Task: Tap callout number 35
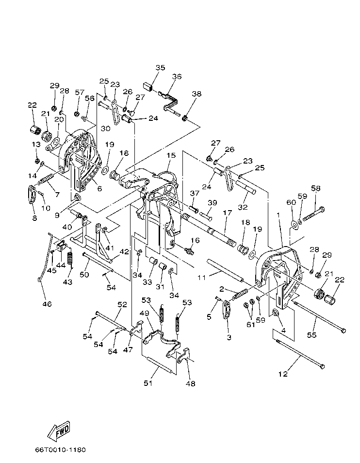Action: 160,67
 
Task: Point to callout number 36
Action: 177,76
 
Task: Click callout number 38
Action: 196,94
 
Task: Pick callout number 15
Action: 171,155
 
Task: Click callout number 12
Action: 283,374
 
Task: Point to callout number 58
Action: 316,188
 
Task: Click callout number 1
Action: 278,215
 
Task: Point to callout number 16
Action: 196,240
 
